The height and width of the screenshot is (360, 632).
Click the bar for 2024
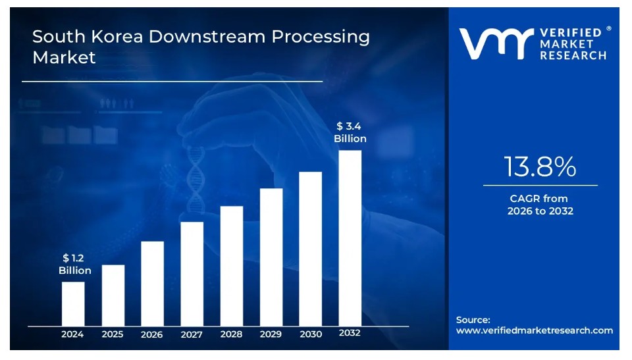(x=73, y=303)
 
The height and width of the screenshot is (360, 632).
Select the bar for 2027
(x=192, y=274)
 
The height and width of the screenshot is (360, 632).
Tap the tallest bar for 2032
(x=350, y=238)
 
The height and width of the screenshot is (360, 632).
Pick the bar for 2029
(x=271, y=257)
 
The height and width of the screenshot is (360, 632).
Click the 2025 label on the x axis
(x=113, y=334)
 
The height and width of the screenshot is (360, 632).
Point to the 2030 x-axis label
(x=311, y=334)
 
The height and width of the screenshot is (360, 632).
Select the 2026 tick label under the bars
(x=152, y=334)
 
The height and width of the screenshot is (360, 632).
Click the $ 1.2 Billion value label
(x=74, y=264)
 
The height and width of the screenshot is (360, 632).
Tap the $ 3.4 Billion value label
(x=350, y=132)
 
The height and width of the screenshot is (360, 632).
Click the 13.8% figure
(x=540, y=167)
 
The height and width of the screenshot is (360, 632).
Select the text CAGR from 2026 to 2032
(x=540, y=205)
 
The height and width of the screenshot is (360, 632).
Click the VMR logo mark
(x=496, y=43)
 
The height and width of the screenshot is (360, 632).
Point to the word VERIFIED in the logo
(x=571, y=33)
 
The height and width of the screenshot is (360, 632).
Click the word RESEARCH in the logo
(x=573, y=55)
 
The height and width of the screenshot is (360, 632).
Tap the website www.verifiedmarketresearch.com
(x=535, y=330)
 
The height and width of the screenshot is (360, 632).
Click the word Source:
(x=473, y=320)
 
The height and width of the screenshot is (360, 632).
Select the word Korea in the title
(x=117, y=37)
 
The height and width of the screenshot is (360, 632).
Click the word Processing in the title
(x=321, y=38)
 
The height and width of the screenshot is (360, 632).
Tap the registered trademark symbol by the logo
(x=608, y=28)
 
